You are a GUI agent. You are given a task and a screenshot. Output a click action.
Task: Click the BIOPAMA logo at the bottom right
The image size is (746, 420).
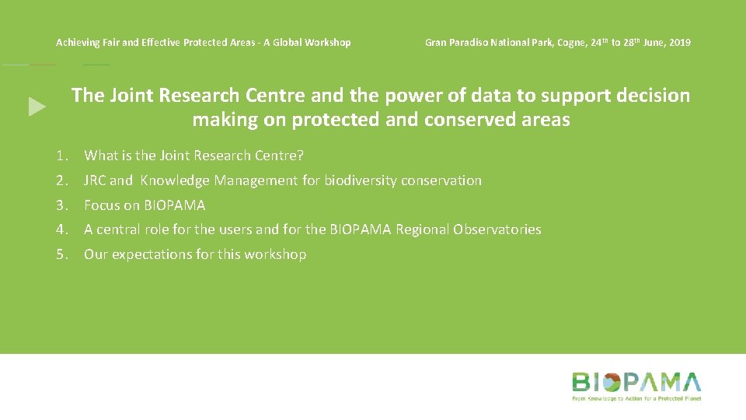click(x=636, y=383)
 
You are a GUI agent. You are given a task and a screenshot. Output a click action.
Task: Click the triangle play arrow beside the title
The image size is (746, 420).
click(x=37, y=107)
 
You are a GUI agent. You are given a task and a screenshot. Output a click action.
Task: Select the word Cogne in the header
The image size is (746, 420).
click(x=571, y=42)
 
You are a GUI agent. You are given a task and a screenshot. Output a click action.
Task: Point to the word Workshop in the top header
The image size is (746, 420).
click(x=326, y=42)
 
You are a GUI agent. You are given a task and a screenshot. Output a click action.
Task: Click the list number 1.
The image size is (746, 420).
click(x=61, y=156)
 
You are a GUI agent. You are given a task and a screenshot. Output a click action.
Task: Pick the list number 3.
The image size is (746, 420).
click(x=61, y=205)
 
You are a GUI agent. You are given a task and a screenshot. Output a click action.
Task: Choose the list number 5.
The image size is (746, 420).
click(x=61, y=254)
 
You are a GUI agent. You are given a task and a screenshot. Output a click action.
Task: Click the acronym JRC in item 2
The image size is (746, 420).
click(x=96, y=180)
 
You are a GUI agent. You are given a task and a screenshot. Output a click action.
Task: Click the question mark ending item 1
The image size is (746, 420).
click(x=300, y=156)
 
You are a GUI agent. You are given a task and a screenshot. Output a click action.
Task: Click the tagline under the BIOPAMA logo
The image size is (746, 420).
click(x=636, y=398)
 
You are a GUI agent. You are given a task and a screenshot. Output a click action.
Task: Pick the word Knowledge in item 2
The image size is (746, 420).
click(x=175, y=180)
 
